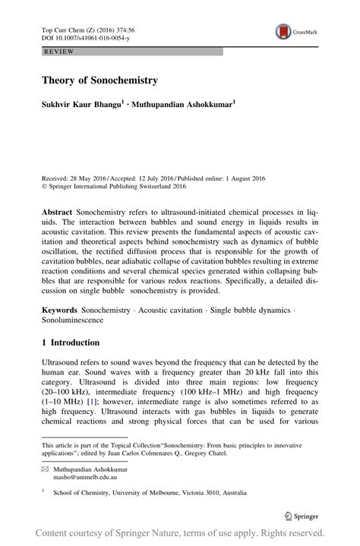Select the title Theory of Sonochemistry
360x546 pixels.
click(x=99, y=80)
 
